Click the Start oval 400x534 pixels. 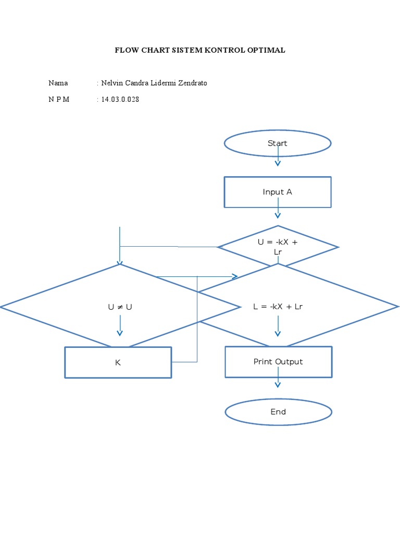[278, 143]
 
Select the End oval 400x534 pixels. [278, 412]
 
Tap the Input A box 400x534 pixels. [278, 192]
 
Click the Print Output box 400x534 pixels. [278, 362]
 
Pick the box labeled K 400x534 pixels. [118, 362]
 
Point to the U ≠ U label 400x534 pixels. [120, 307]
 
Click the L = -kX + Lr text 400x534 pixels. [278, 307]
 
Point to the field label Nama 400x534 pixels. [58, 83]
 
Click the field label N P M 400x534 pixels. [59, 100]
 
